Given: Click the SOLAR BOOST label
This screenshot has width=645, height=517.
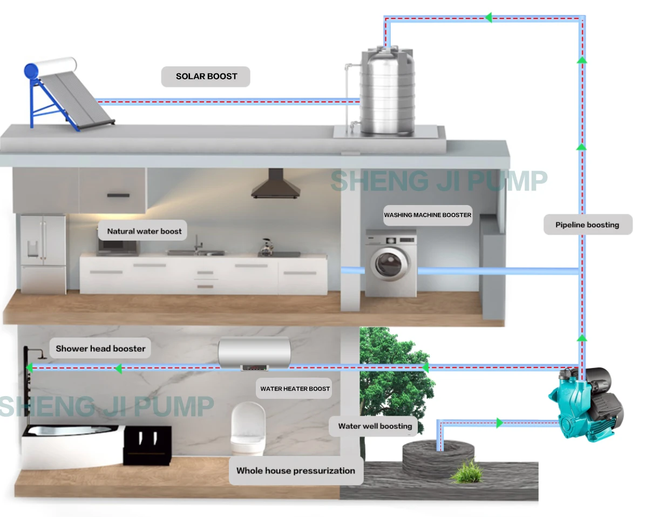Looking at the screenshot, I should pyautogui.click(x=206, y=77).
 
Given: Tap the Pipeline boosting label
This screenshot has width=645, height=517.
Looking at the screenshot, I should pyautogui.click(x=587, y=225).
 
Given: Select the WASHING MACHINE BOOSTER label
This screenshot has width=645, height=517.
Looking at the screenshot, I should pyautogui.click(x=427, y=215).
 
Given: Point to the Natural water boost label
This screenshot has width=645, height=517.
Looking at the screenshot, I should pyautogui.click(x=144, y=231).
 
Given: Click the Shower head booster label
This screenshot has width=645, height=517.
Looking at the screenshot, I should pyautogui.click(x=100, y=349).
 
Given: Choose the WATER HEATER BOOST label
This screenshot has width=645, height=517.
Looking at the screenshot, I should pyautogui.click(x=295, y=389).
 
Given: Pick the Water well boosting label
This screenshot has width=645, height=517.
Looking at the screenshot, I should pyautogui.click(x=375, y=426).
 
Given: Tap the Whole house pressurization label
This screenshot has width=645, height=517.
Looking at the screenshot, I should pyautogui.click(x=295, y=471).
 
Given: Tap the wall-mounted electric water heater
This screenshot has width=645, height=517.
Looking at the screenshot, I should pyautogui.click(x=254, y=353).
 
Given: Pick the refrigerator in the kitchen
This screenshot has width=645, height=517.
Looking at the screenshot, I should pyautogui.click(x=43, y=254).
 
